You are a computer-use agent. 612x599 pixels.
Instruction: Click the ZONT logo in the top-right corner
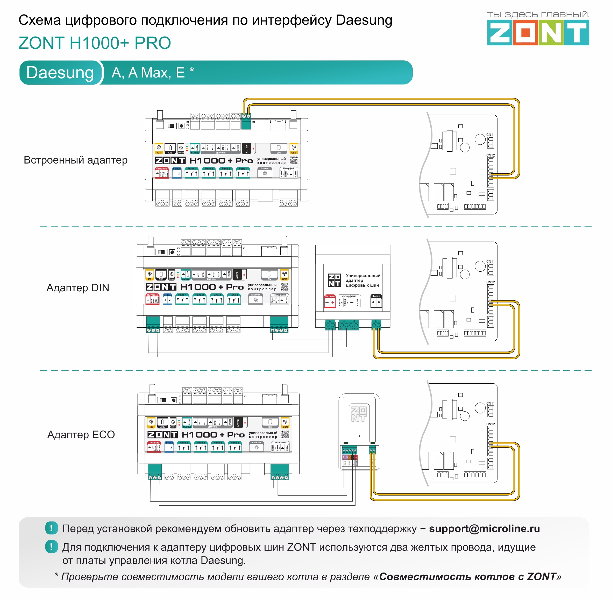(538, 32)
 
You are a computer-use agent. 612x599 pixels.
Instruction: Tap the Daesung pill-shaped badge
(60, 73)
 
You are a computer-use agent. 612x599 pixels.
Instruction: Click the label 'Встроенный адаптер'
(75, 160)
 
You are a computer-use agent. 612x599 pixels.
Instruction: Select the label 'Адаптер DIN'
(78, 287)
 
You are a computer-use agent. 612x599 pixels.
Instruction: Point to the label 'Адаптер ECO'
(81, 434)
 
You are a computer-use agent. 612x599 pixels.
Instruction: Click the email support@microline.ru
(484, 529)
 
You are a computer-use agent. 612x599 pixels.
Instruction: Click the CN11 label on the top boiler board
(490, 135)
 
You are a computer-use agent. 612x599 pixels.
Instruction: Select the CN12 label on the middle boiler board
(490, 282)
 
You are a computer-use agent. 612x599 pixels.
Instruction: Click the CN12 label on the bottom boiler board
(490, 424)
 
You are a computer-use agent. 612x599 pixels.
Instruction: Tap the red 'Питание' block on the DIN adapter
(330, 301)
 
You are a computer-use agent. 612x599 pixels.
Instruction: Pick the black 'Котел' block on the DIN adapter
(376, 301)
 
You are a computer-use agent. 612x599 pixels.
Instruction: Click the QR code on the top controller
(294, 160)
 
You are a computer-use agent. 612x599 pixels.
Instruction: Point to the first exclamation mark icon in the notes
(51, 528)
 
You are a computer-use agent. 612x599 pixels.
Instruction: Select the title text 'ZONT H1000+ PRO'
(95, 43)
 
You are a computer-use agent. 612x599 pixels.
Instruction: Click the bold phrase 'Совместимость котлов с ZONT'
(468, 577)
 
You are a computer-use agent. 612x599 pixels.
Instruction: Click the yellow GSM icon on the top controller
(294, 149)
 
